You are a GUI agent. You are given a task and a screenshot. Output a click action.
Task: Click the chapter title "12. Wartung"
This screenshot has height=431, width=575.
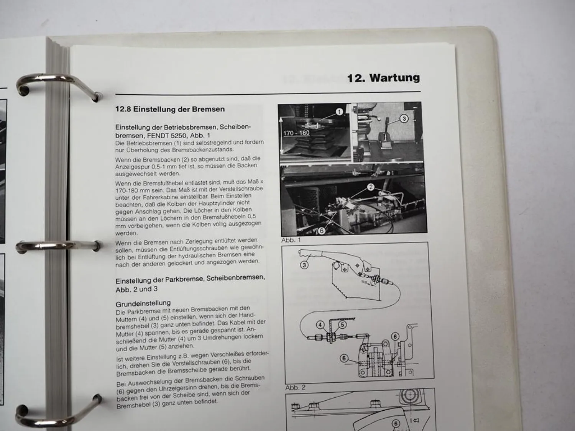pyautogui.click(x=383, y=78)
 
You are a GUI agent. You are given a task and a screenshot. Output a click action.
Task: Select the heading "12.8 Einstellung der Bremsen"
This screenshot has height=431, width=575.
pyautogui.click(x=170, y=109)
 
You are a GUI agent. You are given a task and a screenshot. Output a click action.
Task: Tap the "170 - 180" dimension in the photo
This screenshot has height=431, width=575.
pyautogui.click(x=296, y=133)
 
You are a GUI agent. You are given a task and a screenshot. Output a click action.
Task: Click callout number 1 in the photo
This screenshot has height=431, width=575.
pyautogui.click(x=339, y=112)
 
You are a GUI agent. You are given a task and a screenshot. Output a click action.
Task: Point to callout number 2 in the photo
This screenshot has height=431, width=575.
pyautogui.click(x=371, y=187)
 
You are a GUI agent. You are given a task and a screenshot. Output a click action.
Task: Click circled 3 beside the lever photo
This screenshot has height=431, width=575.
pyautogui.click(x=404, y=119)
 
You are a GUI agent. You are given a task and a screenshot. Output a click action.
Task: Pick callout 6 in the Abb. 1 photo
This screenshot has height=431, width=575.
pyautogui.click(x=321, y=231)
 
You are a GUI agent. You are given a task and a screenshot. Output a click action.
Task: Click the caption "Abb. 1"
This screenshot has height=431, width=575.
pyautogui.click(x=291, y=240)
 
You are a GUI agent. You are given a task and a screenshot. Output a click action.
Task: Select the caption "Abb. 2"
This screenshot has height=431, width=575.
pyautogui.click(x=296, y=388)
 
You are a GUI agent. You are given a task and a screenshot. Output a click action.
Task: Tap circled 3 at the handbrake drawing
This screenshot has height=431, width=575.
pyautogui.click(x=304, y=265)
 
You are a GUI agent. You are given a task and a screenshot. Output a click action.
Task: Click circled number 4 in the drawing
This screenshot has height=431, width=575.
pyautogui.click(x=320, y=325)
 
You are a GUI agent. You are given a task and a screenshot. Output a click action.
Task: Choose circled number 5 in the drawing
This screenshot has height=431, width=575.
pyautogui.click(x=342, y=325)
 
